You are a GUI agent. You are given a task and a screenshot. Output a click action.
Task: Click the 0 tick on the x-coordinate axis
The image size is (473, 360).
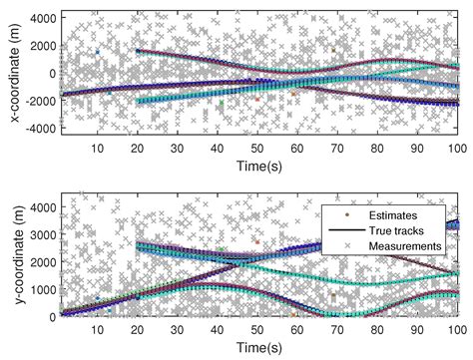50,73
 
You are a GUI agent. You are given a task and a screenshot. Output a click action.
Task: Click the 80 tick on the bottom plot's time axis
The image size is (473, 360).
375,329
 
